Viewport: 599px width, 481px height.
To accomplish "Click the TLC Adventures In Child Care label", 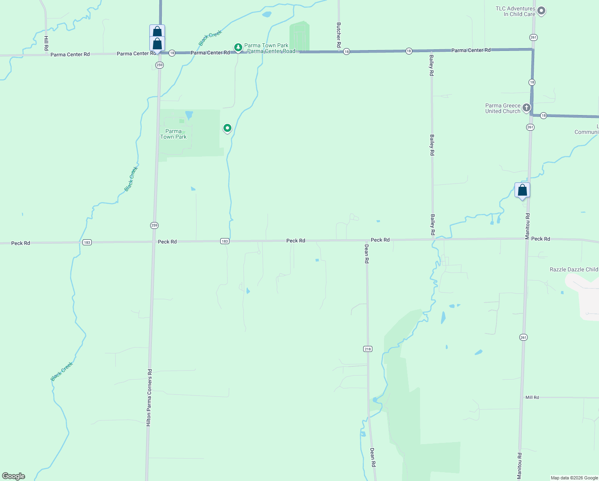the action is tap(515, 11).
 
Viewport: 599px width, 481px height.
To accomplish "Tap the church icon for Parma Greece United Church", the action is tap(527, 107).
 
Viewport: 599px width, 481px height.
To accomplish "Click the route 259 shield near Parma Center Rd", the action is tap(160, 65).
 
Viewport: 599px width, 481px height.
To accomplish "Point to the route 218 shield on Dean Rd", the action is tap(368, 349).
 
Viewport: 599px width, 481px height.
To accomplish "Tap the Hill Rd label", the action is tap(46, 43).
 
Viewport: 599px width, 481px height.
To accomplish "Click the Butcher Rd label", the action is tap(339, 35).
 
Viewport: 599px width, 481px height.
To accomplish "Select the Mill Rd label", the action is tap(532, 397).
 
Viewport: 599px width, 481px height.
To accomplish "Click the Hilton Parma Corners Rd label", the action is tap(149, 397).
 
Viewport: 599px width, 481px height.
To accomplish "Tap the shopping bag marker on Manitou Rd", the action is tap(522, 190).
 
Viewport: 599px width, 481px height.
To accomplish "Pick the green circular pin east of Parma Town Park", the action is tap(227, 128).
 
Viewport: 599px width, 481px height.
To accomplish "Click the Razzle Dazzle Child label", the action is tap(574, 269).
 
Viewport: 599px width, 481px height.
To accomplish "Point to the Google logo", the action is tap(14, 476).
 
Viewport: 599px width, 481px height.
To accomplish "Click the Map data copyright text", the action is tap(574, 478).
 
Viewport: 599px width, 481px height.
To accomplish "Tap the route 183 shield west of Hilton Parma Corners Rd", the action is tap(87, 242).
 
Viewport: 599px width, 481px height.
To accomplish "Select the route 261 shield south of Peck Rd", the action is tap(523, 338).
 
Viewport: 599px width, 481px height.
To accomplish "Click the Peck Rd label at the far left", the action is tap(20, 243).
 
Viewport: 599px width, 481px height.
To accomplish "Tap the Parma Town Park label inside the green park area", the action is tap(173, 134).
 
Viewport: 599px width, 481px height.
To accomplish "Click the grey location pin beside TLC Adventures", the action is tap(541, 11).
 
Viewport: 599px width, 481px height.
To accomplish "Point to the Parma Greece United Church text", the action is tap(503, 108).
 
